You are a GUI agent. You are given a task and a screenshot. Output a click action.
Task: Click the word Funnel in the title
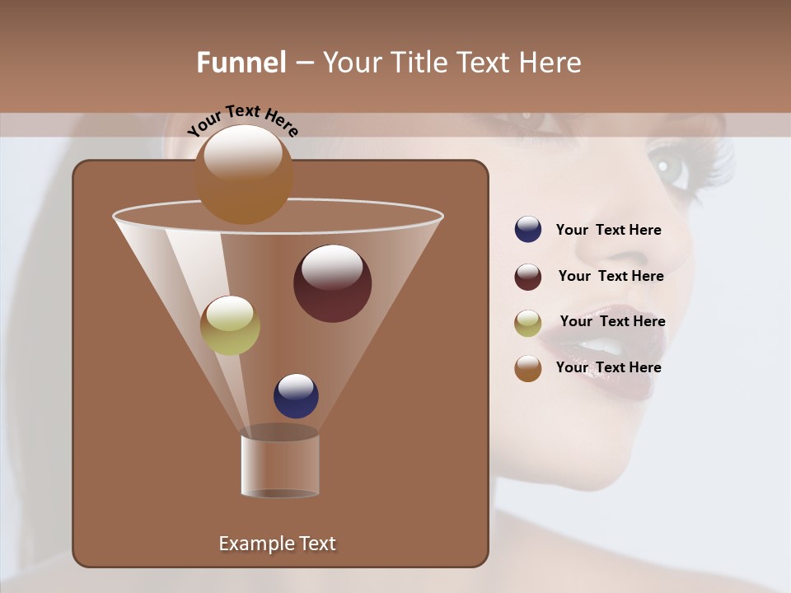coord(241,63)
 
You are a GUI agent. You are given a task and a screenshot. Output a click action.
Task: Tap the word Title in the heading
coord(418,63)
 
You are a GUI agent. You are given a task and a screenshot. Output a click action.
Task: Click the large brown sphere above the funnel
coord(244,174)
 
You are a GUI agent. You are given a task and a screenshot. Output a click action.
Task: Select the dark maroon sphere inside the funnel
coord(332,283)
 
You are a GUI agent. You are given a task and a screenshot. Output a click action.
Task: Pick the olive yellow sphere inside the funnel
coord(230,325)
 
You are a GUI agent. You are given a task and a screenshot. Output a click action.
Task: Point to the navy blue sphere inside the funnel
coord(296,395)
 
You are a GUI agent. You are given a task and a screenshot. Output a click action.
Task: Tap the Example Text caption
coord(277,544)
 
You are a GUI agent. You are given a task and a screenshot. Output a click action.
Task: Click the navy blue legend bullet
coord(528,230)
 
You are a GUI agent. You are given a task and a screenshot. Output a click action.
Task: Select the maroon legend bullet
coord(528,277)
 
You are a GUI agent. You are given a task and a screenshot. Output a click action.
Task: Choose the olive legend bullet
coord(528,323)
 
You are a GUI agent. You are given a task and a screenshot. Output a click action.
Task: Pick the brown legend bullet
coord(528,368)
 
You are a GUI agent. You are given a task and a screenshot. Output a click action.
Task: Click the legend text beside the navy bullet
coord(608,231)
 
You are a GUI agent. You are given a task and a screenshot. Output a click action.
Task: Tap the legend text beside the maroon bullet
coord(611,276)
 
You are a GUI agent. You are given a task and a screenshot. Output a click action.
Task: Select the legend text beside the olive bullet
coord(612,321)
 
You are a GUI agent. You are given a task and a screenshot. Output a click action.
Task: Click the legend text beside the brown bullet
coord(608,367)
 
